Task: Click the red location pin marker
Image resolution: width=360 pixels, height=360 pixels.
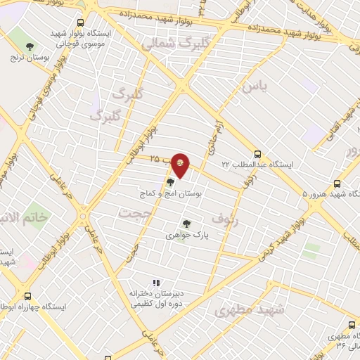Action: coord(181,166)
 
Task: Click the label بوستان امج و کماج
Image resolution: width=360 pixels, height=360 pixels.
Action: coord(171,192)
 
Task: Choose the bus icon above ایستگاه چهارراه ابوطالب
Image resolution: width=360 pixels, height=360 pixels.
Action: coord(27,296)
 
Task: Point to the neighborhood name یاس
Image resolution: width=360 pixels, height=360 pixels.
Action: coord(255,87)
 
